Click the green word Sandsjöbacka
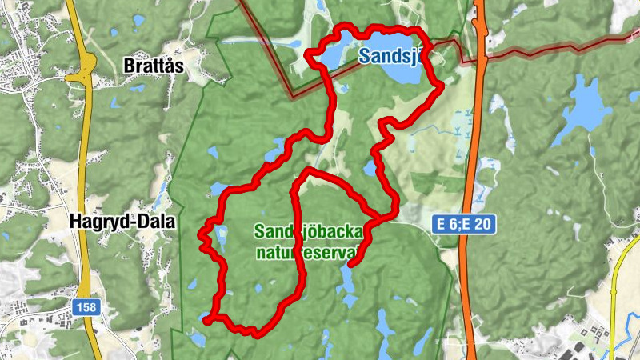(308, 232)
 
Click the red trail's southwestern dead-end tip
(206, 321)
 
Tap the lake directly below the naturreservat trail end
(347, 280)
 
